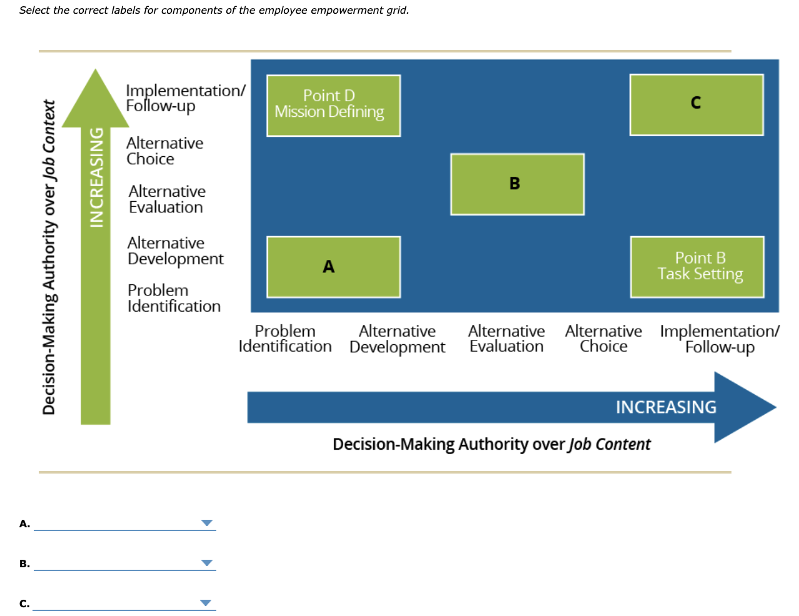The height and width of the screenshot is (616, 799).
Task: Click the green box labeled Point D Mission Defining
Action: pyautogui.click(x=333, y=105)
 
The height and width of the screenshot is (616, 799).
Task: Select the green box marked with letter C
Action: pyautogui.click(x=696, y=104)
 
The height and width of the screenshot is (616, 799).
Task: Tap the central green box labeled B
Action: pyautogui.click(x=517, y=184)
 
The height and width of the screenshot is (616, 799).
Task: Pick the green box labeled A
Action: pyautogui.click(x=333, y=267)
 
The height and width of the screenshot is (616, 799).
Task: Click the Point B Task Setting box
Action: pyautogui.click(x=696, y=267)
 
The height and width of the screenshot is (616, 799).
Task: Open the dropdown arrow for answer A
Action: pyautogui.click(x=206, y=523)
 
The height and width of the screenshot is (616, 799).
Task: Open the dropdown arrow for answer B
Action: pyautogui.click(x=206, y=563)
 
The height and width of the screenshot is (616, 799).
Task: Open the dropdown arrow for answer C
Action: pyautogui.click(x=206, y=603)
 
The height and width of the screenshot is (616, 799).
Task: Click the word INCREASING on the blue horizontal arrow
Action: pyautogui.click(x=666, y=407)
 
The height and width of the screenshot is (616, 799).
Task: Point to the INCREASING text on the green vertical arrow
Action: pyautogui.click(x=96, y=177)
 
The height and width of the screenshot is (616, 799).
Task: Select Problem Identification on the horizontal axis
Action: pyautogui.click(x=285, y=339)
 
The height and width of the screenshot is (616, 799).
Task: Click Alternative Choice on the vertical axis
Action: pyautogui.click(x=164, y=151)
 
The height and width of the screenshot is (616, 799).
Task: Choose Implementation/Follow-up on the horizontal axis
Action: pyautogui.click(x=720, y=339)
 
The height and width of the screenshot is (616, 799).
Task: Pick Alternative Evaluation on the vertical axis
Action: pyautogui.click(x=167, y=199)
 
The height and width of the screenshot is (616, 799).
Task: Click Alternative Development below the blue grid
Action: pyautogui.click(x=397, y=339)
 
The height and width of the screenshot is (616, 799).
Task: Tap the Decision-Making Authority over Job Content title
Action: pyautogui.click(x=491, y=444)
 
